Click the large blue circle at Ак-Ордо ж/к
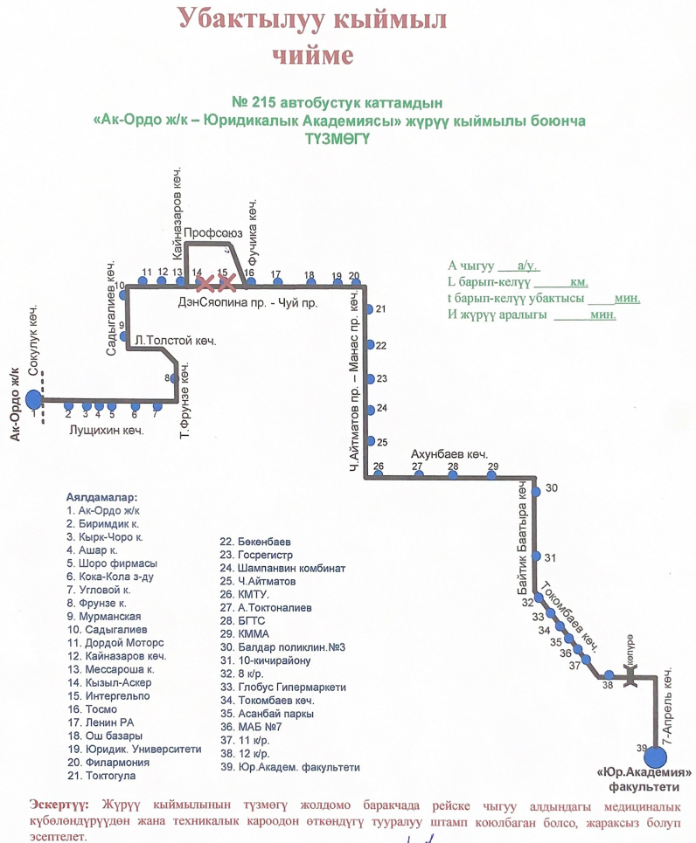click(x=33, y=400)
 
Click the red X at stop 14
click(x=205, y=283)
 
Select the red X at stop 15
click(x=227, y=283)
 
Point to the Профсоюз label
click(x=212, y=233)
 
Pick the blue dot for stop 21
click(x=369, y=309)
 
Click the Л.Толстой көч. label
click(x=175, y=341)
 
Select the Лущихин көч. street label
click(x=106, y=430)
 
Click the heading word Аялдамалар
click(x=108, y=496)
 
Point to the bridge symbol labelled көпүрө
click(x=630, y=674)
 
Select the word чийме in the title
click(x=312, y=56)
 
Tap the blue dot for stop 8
click(x=175, y=378)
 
